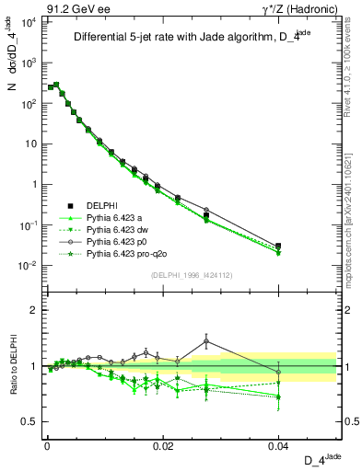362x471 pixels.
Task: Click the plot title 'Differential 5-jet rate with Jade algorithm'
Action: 191,38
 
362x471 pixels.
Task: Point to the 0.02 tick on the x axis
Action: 163,444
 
